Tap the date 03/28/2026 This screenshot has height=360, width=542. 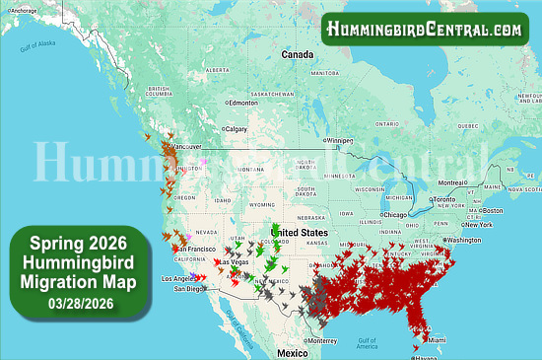[76, 304]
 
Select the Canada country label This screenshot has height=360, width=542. [297, 54]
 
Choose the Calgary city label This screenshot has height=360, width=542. [237, 129]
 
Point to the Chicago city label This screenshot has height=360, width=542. [397, 215]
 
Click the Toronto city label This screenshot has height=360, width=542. [450, 200]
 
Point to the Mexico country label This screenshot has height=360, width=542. [292, 352]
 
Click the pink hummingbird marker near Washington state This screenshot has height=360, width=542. [204, 160]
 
